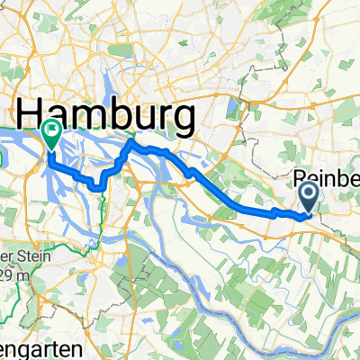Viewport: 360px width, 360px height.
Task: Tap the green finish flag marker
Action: coord(51,135)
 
